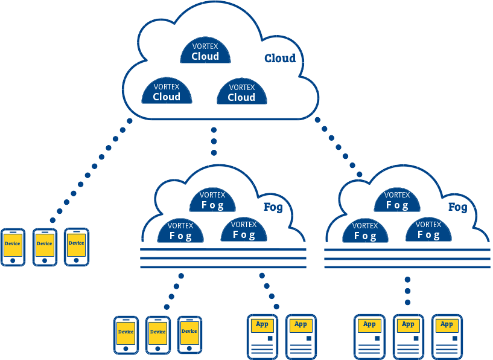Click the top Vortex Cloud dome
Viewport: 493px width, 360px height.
pyautogui.click(x=205, y=51)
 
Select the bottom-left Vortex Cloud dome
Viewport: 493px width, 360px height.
pyautogui.click(x=167, y=91)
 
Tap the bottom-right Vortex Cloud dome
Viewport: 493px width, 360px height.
pyautogui.click(x=241, y=91)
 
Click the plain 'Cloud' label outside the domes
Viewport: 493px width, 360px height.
pyautogui.click(x=280, y=58)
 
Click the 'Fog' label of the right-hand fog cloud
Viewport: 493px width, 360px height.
pyautogui.click(x=457, y=207)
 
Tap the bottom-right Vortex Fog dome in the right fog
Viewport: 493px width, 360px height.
pyautogui.click(x=428, y=230)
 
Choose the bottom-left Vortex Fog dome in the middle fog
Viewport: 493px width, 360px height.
pyautogui.click(x=180, y=230)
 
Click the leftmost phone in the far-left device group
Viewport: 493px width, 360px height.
pyautogui.click(x=13, y=246)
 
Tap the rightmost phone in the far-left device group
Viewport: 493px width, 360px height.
pyautogui.click(x=77, y=246)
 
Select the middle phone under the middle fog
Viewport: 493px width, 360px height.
pyautogui.click(x=158, y=334)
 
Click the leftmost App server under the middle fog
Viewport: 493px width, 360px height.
pyautogui.click(x=262, y=336)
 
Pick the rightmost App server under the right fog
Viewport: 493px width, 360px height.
pyautogui.click(x=447, y=336)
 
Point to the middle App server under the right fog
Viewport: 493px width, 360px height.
pyautogui.click(x=409, y=336)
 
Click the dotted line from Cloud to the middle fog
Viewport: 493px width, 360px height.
pyautogui.click(x=214, y=142)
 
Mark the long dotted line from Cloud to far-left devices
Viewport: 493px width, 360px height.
pyautogui.click(x=87, y=175)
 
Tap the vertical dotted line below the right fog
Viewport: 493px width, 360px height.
pyautogui.click(x=407, y=291)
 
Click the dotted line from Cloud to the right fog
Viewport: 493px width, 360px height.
pyautogui.click(x=339, y=147)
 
